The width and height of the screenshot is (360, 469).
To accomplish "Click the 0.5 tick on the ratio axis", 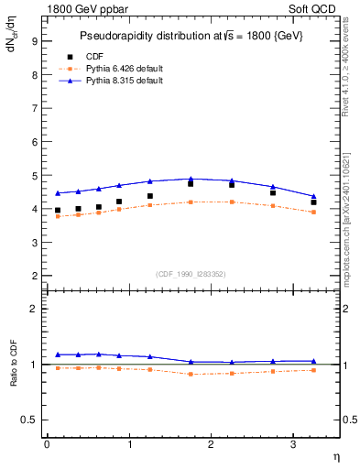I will [27, 420].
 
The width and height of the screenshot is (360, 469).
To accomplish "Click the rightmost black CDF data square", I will [314, 202].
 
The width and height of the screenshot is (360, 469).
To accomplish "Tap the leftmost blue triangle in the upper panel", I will [58, 193].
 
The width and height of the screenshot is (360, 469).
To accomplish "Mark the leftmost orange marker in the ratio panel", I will [58, 368].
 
